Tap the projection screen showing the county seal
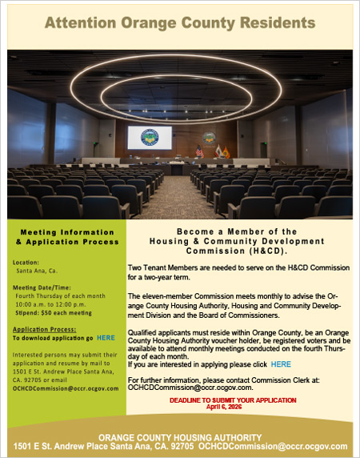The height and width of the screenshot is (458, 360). coord(150,139)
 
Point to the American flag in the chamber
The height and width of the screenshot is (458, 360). coord(198,150)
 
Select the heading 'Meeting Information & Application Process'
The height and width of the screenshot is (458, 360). coord(68,236)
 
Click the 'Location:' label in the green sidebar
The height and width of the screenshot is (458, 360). coord(26,262)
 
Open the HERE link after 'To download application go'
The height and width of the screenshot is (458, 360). coord(106,338)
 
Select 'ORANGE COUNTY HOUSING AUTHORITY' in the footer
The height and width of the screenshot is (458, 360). coord(180,437)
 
